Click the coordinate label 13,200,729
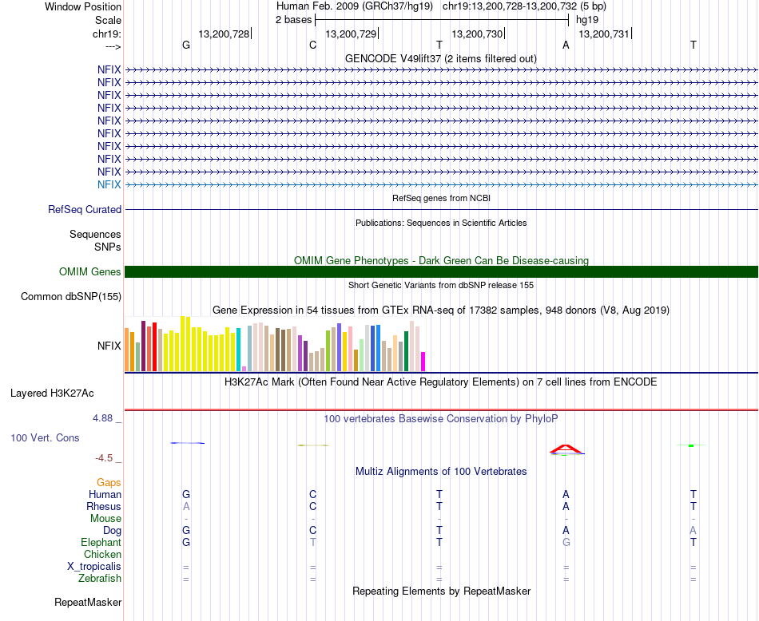351,34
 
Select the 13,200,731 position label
603,34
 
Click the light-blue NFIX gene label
109,184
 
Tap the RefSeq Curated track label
85,210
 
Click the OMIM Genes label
90,272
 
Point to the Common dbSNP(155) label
71,297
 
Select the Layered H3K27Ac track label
52,393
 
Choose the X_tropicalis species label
94,566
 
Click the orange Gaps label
109,482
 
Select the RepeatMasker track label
88,602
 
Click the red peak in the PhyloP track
565,448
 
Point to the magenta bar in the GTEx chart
423,362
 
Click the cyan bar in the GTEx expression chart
239,350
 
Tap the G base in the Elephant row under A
566,542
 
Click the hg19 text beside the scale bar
587,19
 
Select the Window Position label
83,6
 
